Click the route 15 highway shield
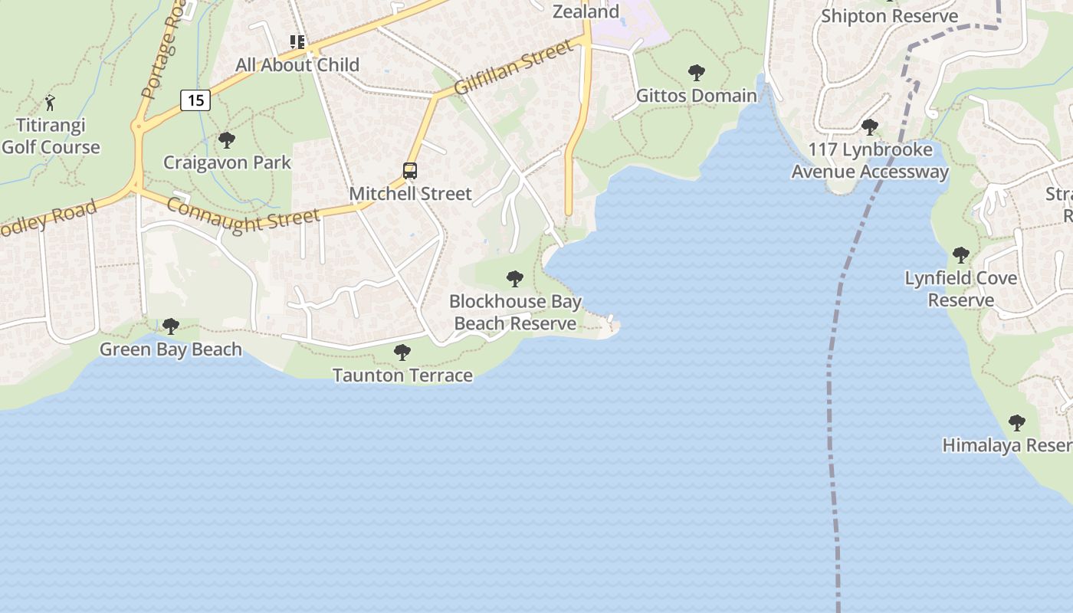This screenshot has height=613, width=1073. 195,100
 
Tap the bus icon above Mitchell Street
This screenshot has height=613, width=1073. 410,171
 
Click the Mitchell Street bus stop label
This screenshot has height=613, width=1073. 410,193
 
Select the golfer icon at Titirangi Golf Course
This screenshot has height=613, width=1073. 51,103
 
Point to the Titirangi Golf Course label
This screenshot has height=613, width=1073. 51,136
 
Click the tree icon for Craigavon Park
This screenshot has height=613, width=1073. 226,140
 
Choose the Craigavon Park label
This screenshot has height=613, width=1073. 227,162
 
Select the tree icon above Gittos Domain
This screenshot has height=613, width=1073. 697,73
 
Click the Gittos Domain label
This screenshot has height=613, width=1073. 697,95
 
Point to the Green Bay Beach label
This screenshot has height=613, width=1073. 171,349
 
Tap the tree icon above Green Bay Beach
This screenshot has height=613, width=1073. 171,327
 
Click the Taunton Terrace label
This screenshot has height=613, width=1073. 402,375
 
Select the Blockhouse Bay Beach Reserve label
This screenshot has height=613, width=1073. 515,313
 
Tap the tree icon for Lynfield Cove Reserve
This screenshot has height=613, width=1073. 960,255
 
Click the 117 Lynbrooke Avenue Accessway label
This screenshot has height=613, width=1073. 870,160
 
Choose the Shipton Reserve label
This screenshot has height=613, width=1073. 889,16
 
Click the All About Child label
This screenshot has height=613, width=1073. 297,65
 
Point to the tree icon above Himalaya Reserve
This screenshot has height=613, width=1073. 1016,423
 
